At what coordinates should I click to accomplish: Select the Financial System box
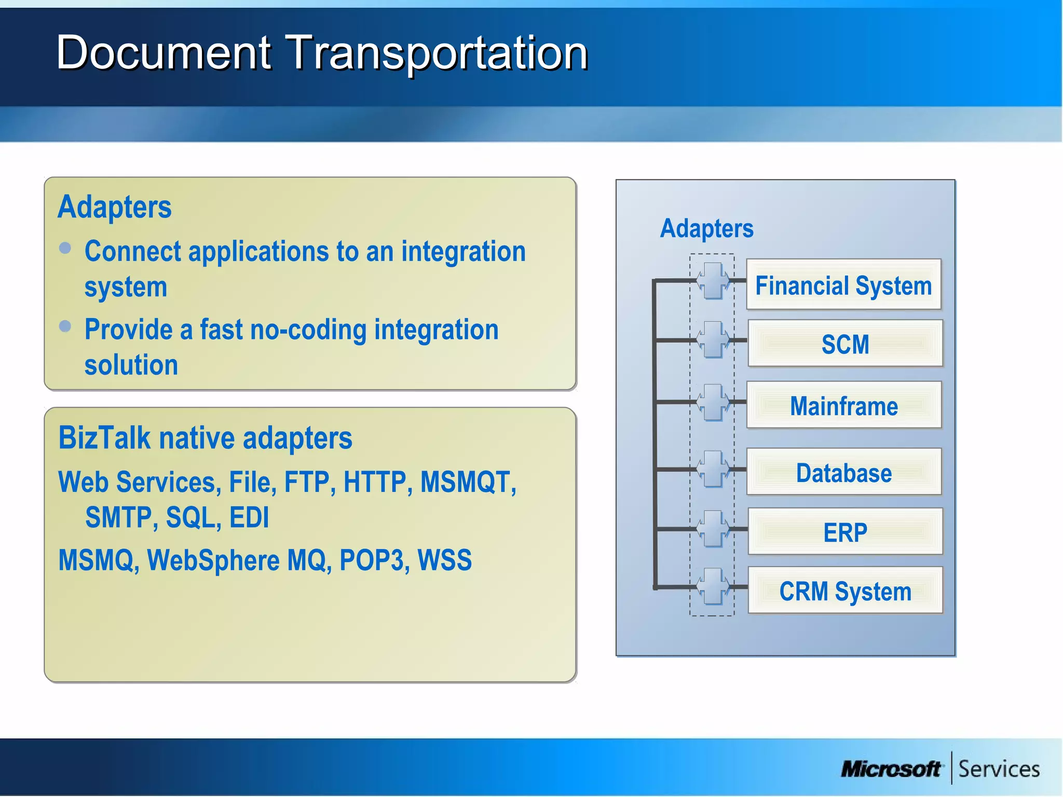(843, 285)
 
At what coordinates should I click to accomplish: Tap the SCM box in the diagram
(845, 343)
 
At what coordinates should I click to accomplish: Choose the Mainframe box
(844, 405)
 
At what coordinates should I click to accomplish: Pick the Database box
(844, 472)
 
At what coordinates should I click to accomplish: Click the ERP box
(845, 532)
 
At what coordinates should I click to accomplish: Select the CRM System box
(845, 590)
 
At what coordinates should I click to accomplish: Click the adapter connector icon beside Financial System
(713, 281)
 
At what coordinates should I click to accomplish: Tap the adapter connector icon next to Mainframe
(713, 402)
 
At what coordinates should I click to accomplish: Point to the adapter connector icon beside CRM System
(713, 586)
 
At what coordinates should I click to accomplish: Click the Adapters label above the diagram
(706, 228)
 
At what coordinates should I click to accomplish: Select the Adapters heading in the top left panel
(114, 207)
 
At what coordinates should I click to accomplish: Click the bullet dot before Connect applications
(65, 248)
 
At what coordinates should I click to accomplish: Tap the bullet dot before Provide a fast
(65, 326)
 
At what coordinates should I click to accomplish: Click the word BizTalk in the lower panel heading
(104, 437)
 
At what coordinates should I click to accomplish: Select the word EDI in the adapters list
(249, 517)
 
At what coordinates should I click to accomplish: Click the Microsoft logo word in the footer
(891, 769)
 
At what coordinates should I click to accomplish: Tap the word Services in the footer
(999, 769)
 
